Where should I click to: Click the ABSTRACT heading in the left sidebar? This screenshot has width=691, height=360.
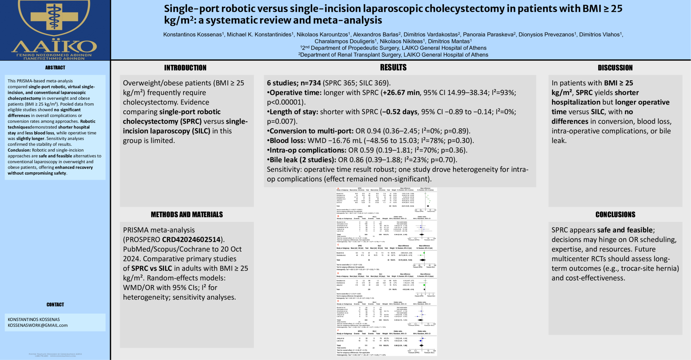point(55,67)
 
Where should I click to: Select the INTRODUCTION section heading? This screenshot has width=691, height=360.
point(185,68)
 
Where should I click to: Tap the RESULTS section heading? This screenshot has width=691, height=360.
point(393,67)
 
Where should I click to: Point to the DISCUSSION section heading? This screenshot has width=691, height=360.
point(615,68)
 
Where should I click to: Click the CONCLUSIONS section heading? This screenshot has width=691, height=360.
point(615,215)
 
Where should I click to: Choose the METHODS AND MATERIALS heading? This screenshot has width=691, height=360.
point(187,215)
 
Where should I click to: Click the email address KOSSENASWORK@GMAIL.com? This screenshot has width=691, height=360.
point(38,325)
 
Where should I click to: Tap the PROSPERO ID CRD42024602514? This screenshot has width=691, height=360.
point(191,240)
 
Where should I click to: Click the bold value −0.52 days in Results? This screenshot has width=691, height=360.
point(399,112)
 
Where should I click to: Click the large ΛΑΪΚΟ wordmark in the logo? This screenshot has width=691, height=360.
point(54,47)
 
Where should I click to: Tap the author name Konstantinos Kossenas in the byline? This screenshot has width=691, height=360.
point(192,34)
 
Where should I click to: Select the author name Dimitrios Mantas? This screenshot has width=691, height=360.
point(449,41)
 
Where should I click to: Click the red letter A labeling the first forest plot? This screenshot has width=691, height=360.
point(338,188)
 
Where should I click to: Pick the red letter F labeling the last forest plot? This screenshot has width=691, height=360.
point(338,331)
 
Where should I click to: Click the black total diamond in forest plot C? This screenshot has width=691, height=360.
point(422,260)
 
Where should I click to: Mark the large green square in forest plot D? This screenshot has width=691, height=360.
point(424,285)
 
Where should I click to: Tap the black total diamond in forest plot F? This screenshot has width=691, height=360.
point(421,345)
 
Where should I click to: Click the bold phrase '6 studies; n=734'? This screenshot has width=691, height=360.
point(294,83)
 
